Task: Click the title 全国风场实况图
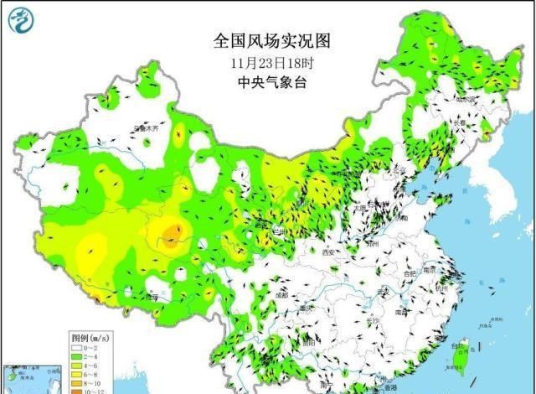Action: click(262, 41)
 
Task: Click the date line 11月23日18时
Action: click(262, 62)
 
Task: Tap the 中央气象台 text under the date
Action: click(262, 82)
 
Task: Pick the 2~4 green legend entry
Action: click(75, 355)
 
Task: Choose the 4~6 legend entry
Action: click(75, 364)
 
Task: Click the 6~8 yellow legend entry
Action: click(75, 373)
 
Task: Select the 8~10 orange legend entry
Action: click(75, 382)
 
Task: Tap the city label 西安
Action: click(327, 251)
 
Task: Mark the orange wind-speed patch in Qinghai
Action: click(171, 234)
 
